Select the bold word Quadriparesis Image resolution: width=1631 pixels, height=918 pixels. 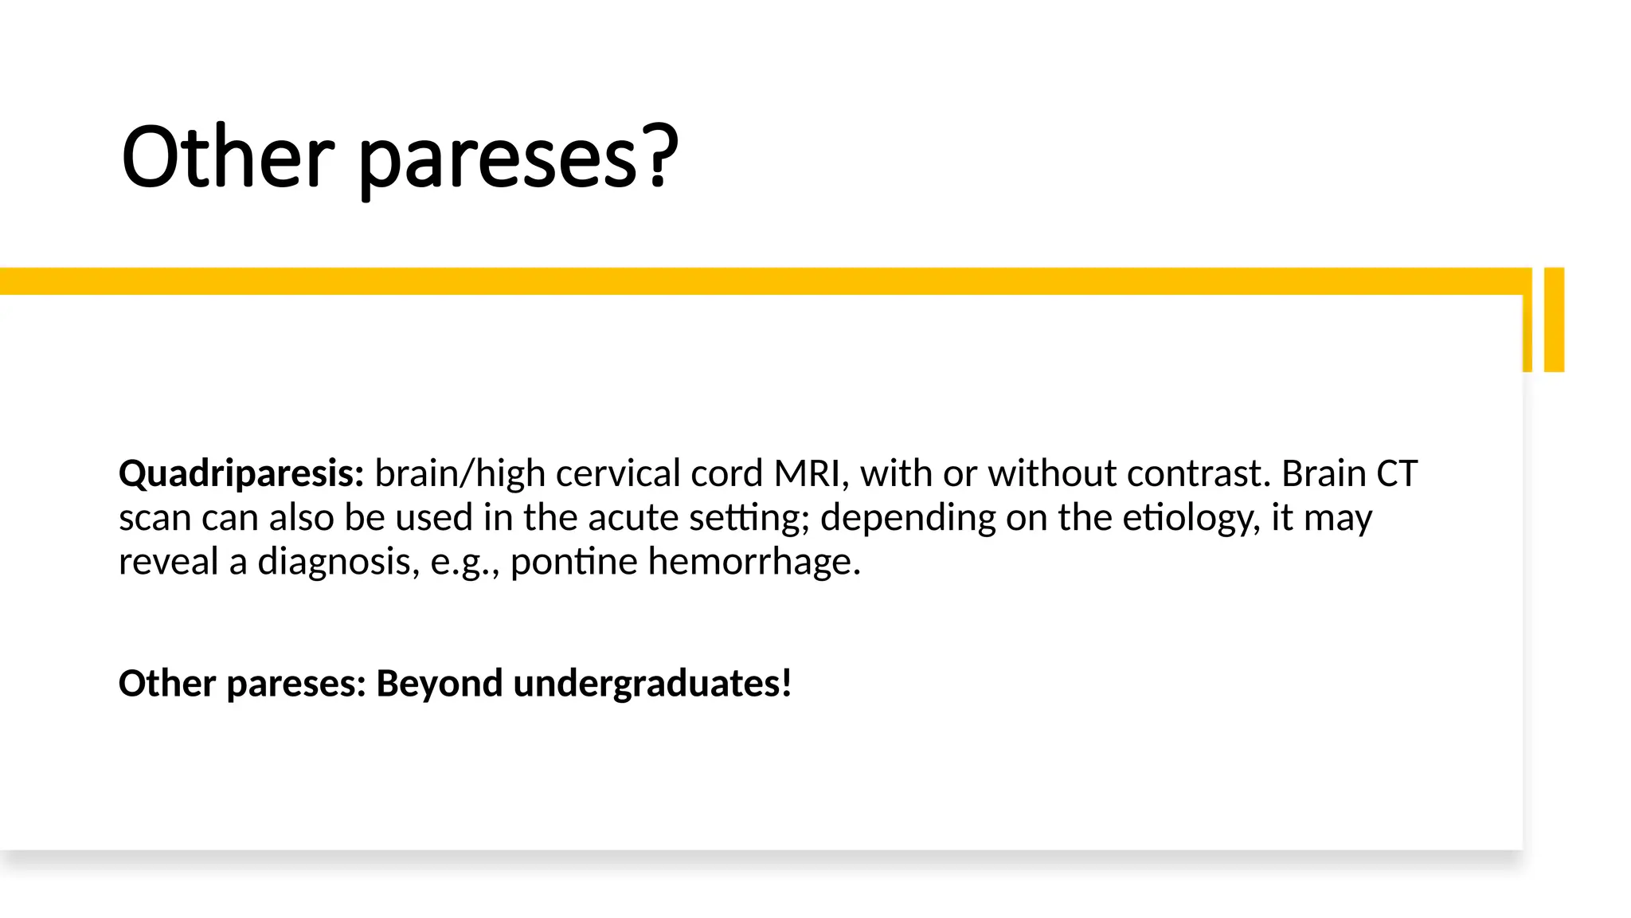pos(241,474)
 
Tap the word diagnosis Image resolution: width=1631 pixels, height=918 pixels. pos(338,563)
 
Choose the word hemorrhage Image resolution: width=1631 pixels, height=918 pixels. pos(753,563)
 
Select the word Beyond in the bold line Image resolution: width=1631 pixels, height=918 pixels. pos(439,684)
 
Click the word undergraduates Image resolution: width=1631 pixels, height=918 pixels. pos(652,685)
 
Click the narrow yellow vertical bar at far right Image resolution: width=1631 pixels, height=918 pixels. pos(1554,320)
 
